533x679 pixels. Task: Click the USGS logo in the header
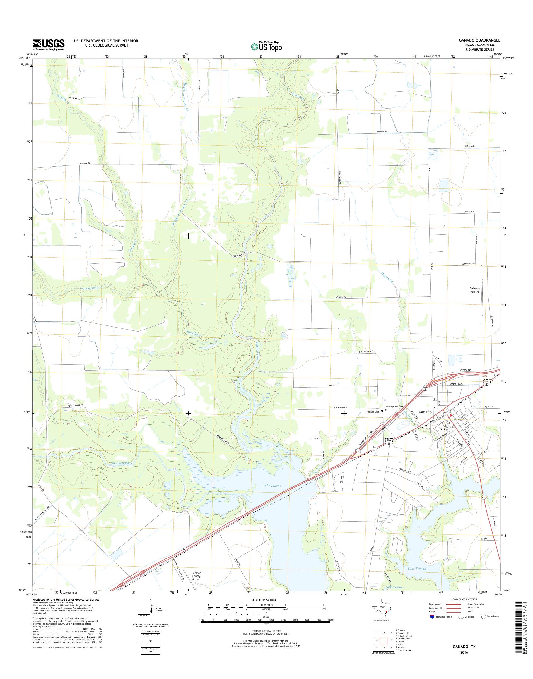49,44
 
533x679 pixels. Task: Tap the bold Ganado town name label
425,412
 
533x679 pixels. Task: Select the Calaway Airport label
475,290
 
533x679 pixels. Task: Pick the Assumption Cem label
394,407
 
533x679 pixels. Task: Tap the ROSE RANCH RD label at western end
76,405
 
